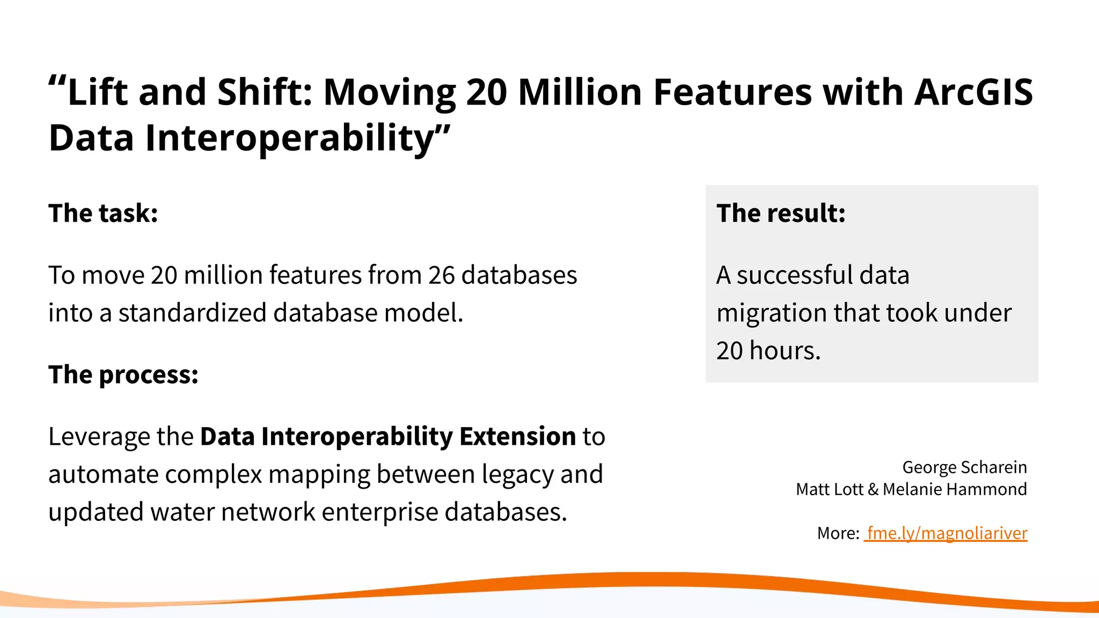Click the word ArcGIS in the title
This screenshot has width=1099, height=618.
pos(973,92)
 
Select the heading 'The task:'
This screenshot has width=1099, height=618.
pos(103,213)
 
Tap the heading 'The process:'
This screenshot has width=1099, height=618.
pos(123,374)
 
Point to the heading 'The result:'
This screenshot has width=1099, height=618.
pos(781,213)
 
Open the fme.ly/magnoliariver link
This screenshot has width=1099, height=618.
pos(947,533)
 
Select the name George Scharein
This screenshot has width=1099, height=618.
pos(964,467)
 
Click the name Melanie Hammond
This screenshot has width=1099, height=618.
pos(955,489)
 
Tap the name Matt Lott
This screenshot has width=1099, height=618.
pos(829,489)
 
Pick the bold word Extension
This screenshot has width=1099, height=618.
pos(517,436)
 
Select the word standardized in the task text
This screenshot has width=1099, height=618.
pos(192,313)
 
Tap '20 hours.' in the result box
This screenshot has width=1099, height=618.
pos(768,351)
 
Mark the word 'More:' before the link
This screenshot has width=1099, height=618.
pos(838,533)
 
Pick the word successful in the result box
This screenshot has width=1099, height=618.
pos(794,275)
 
